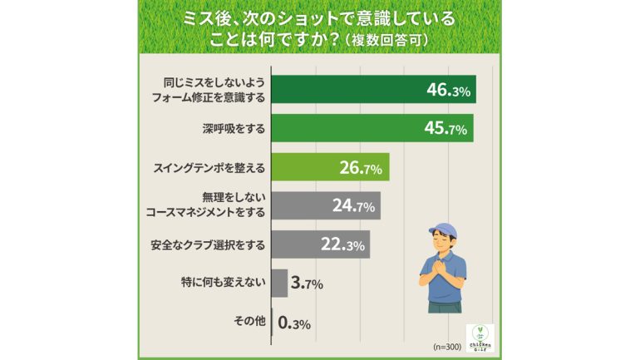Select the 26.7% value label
coord(360,168)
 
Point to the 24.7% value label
coord(354,206)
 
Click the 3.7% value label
coord(308,284)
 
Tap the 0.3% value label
coord(295,323)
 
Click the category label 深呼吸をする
coord(234,129)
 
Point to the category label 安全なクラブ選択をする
coord(209,244)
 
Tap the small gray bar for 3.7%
coord(279,284)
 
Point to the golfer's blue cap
coord(443,229)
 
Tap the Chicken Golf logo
coord(480,337)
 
